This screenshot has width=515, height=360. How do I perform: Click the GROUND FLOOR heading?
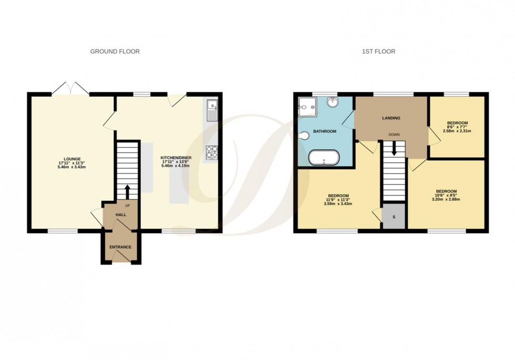(x=115, y=52)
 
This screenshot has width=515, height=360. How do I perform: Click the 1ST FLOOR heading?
(x=378, y=52)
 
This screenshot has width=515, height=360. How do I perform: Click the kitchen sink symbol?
(x=212, y=110)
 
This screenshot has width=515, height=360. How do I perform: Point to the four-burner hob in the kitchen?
(x=212, y=152)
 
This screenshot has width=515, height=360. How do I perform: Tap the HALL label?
(x=120, y=214)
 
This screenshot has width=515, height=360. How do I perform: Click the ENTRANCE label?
(x=120, y=247)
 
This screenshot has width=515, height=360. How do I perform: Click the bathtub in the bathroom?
(x=323, y=158)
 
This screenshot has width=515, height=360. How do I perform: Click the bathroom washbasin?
(x=332, y=102)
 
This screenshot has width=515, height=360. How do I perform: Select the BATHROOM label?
(x=324, y=131)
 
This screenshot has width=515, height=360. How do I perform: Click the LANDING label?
(x=391, y=118)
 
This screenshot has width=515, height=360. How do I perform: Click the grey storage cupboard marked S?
(x=394, y=218)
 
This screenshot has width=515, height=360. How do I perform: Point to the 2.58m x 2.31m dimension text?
(x=457, y=131)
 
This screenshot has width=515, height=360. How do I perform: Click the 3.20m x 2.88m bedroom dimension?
(x=446, y=199)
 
